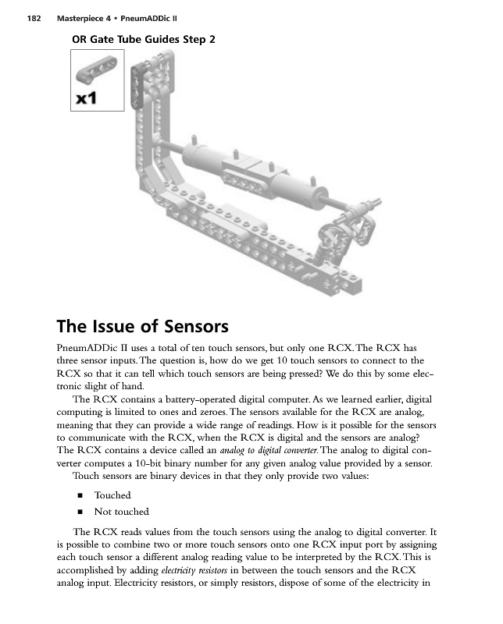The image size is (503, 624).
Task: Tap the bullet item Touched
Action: click(x=112, y=495)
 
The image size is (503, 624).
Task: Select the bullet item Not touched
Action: click(x=121, y=512)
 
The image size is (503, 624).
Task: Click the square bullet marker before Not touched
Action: click(x=80, y=512)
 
